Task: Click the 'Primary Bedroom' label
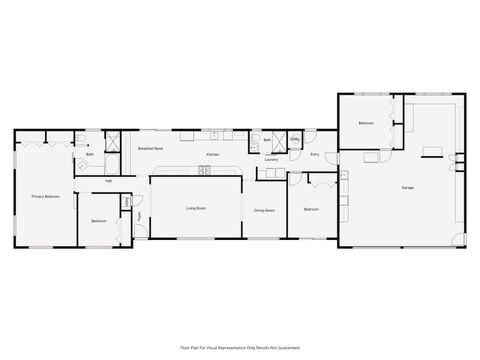[x=45, y=197]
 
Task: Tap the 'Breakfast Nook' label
[x=151, y=147]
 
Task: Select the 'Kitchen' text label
[x=213, y=155]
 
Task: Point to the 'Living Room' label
[x=196, y=209]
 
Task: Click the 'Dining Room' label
[x=264, y=210]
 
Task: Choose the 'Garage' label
[x=408, y=187]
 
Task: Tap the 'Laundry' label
[x=271, y=159]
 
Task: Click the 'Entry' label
[x=315, y=155]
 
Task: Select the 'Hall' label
[x=108, y=182]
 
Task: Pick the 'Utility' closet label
[x=295, y=141]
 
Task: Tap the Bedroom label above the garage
[x=366, y=123]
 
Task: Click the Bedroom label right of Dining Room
[x=311, y=209]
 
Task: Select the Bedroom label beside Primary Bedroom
[x=99, y=221]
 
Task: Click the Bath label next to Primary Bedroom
[x=90, y=155]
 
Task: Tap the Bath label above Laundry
[x=267, y=141]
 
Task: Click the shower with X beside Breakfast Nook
[x=113, y=141]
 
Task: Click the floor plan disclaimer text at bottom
[x=240, y=347]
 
